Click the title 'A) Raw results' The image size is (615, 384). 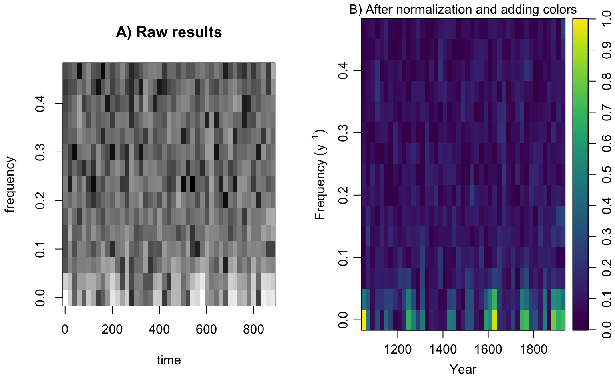point(169,32)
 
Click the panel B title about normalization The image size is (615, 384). point(462,9)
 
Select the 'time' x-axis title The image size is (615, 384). point(169,360)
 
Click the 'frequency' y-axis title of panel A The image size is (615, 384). point(10,184)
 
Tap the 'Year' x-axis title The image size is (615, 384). point(463,369)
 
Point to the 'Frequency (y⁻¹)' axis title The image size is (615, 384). point(320,174)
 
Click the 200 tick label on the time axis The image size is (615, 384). point(112,329)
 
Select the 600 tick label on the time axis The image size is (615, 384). point(206,329)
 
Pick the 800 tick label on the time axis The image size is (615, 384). point(253,329)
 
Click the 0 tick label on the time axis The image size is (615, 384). point(65,329)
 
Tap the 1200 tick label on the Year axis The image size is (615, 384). point(398,349)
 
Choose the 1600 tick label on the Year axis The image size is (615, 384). point(488,349)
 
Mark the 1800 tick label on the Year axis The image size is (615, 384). point(533,349)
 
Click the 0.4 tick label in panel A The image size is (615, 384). point(40,104)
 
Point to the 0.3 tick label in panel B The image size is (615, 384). point(343,133)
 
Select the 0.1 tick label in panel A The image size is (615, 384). point(40,249)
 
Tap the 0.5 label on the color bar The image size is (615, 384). point(606,174)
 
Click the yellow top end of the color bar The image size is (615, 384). point(580,21)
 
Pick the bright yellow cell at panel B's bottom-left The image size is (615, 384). point(364,320)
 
